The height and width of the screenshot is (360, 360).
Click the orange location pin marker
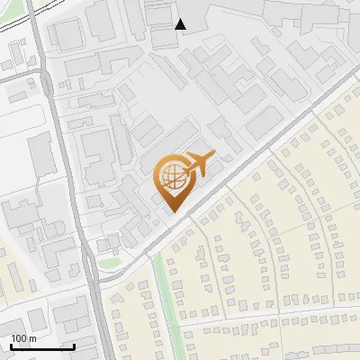(x=174, y=180)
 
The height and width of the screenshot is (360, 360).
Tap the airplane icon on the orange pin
(x=198, y=163)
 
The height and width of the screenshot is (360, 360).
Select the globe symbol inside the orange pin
(x=172, y=175)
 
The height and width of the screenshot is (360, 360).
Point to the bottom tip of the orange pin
(x=173, y=211)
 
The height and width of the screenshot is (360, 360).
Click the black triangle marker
(x=181, y=24)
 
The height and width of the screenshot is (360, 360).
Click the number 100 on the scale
(x=19, y=338)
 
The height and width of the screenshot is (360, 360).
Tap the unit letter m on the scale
(x=32, y=338)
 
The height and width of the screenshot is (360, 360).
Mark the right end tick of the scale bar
(x=74, y=345)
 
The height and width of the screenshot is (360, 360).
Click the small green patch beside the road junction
(x=110, y=263)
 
